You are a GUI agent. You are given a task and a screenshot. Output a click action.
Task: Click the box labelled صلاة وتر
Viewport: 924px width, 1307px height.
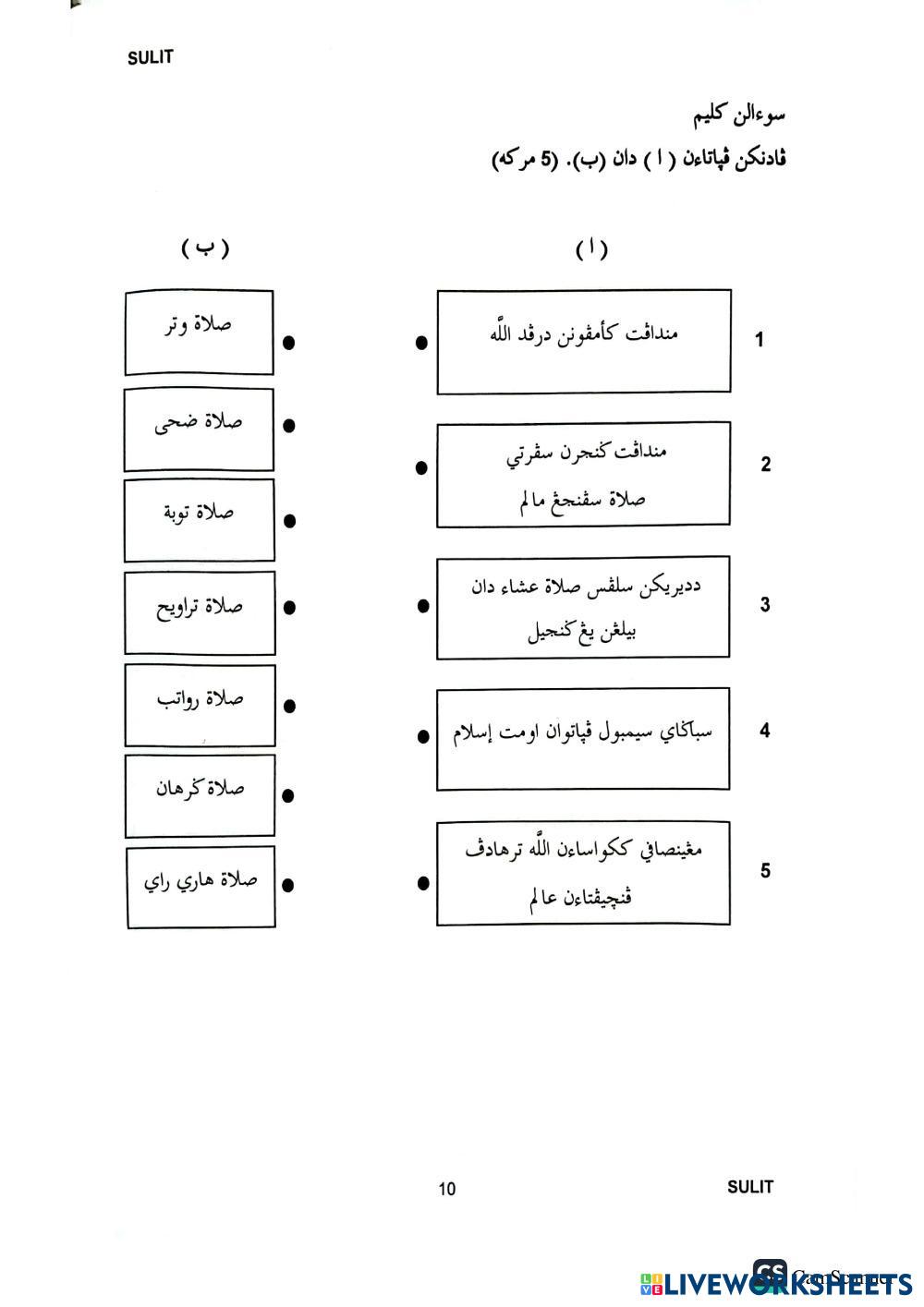(199, 333)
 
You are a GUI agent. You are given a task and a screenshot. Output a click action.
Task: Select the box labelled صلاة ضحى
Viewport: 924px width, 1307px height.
(199, 430)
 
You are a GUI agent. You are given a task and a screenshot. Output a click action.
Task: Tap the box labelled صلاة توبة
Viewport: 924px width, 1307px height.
(199, 519)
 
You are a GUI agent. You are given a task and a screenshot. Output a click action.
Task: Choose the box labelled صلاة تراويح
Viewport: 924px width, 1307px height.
(200, 612)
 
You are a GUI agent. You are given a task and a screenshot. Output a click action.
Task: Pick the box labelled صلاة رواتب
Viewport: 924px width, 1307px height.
(200, 705)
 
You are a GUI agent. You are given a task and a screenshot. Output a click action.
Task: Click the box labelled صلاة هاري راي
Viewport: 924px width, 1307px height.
(201, 886)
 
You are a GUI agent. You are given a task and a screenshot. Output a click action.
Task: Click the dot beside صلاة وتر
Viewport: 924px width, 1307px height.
(288, 343)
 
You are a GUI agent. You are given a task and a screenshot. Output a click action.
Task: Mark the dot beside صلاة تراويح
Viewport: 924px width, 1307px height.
(289, 608)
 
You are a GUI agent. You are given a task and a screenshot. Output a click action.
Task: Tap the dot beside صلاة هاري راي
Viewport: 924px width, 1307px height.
(288, 885)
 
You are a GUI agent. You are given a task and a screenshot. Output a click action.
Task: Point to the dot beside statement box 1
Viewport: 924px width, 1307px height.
(421, 343)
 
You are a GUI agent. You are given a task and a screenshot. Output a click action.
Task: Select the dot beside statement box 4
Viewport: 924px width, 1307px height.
(423, 736)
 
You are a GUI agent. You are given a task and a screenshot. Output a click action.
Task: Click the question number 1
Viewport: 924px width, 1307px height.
(760, 340)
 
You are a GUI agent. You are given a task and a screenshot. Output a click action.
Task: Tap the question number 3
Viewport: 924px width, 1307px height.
(765, 605)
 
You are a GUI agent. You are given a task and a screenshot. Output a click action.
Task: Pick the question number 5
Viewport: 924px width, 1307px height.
(765, 871)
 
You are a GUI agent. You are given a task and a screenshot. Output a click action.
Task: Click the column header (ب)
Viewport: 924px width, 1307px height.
(205, 248)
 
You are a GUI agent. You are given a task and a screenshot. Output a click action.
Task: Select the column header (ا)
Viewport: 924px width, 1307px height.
(591, 248)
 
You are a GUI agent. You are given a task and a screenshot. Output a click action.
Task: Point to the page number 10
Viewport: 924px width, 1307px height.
(447, 1189)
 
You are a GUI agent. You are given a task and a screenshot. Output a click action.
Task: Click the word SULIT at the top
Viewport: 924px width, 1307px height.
(151, 57)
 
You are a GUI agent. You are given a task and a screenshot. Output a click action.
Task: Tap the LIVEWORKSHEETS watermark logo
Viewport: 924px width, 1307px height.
(776, 1283)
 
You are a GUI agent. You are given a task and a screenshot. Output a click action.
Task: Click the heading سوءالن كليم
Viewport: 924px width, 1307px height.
(739, 117)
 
